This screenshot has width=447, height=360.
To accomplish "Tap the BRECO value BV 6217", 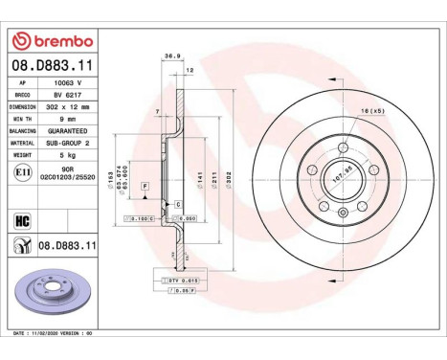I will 65,96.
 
